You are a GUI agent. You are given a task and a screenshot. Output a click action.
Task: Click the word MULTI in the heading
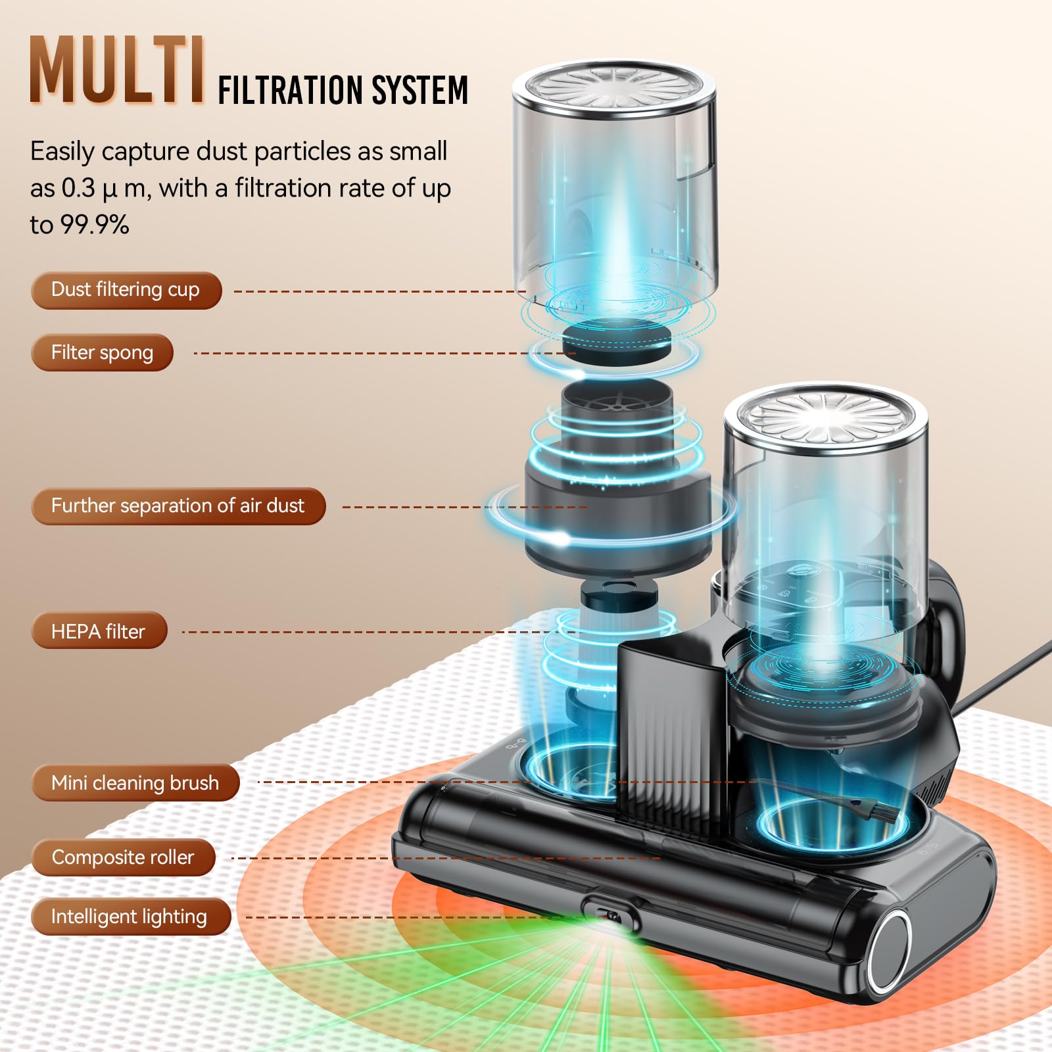point(117,71)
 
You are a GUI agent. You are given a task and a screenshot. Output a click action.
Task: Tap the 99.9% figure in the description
point(95,225)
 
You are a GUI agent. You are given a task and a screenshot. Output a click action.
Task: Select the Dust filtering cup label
point(126,290)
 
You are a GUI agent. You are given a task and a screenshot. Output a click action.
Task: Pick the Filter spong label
point(102,353)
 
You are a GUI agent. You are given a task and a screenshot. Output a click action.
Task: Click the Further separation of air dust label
point(178,506)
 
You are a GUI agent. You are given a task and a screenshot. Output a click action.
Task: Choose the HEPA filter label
point(99,631)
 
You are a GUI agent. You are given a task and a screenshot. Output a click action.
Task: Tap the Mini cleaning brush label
point(135,782)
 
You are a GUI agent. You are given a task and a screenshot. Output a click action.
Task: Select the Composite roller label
point(123,857)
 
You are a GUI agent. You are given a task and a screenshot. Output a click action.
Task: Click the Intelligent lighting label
point(130,917)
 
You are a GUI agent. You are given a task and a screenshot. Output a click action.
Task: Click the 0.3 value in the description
point(78,189)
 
